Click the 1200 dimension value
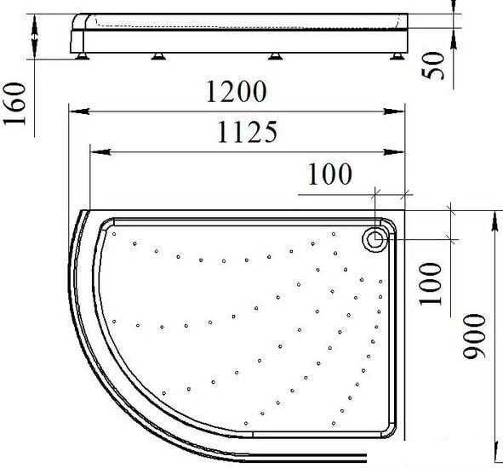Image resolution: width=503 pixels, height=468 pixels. pos(236,91)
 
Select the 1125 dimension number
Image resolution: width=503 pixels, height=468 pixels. pos(248,132)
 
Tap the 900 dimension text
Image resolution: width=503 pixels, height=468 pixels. pos(474,336)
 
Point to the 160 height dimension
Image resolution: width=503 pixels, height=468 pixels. pos(14,103)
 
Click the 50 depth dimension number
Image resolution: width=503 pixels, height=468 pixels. pos(433,66)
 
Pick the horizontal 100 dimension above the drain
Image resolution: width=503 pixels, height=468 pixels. pos(330,174)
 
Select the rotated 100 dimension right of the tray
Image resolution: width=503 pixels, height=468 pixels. pos(431,284)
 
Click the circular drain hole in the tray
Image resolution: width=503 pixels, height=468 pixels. pos(374,239)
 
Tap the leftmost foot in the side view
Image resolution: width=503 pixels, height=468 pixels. pos(83,56)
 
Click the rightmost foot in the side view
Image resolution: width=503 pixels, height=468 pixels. pos(397,56)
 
